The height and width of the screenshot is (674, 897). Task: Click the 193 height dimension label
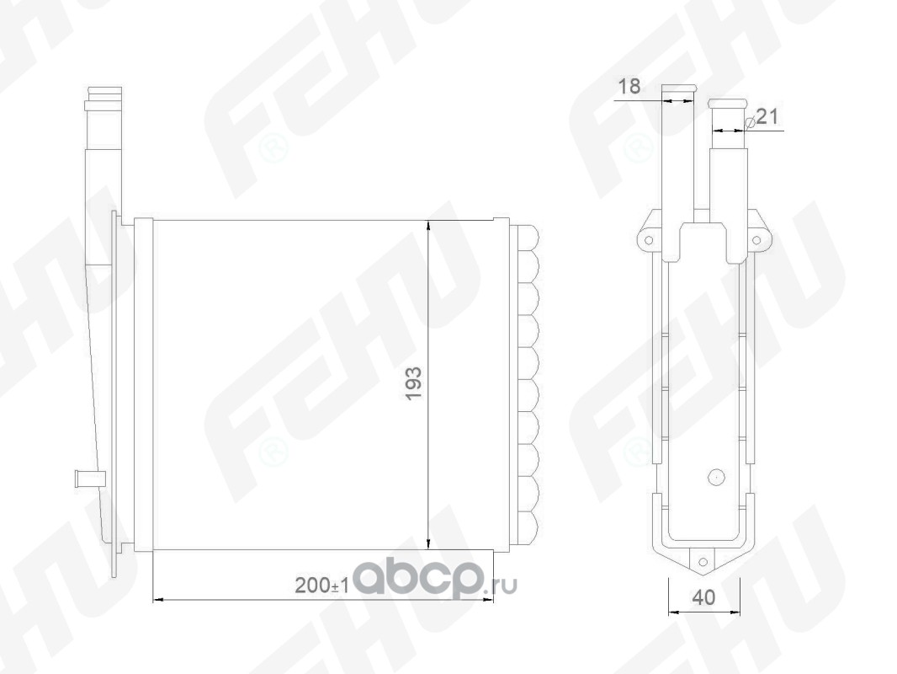[413, 382]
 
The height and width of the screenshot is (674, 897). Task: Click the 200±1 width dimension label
[321, 586]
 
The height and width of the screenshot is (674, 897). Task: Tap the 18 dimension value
[629, 87]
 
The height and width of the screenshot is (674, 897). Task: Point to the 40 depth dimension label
[703, 597]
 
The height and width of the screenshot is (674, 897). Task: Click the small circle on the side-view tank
[715, 477]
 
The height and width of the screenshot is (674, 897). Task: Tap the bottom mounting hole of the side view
[703, 562]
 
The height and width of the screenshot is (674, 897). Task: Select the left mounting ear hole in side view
[649, 240]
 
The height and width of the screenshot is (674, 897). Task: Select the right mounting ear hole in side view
[756, 240]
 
